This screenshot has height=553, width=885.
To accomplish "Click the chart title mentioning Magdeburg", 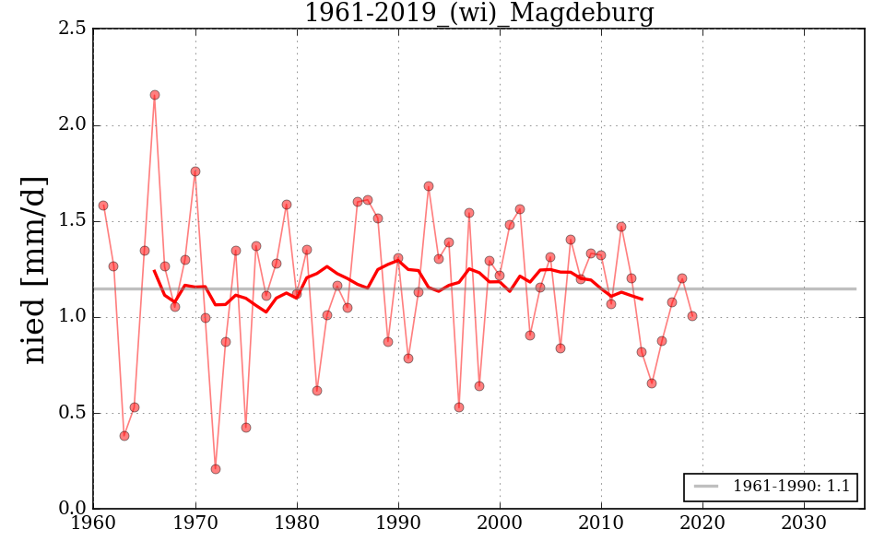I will pos(478,14).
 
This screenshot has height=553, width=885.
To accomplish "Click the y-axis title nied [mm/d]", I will pos(35,269).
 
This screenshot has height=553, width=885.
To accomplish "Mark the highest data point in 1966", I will pos(155,95).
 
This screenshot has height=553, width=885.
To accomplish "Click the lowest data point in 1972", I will pos(216,469).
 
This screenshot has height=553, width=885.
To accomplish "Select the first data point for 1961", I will pos(103,206).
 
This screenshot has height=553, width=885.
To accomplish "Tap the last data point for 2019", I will pos(692,316).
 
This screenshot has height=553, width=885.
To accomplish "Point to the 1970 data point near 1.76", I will pos(195,171).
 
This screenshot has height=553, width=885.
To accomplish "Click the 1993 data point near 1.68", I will pos(429,186).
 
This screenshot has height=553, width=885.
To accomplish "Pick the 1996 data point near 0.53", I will pos(459,407).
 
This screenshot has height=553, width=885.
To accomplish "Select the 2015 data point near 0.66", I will pos(652,383).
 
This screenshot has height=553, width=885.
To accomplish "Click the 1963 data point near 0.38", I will pos(124,436).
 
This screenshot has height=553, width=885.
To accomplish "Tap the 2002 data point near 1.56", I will pos(520,209).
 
